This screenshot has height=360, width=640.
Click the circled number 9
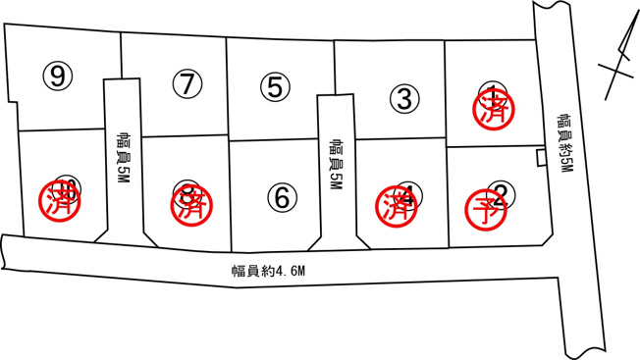[60, 75]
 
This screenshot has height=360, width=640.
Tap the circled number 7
[186, 83]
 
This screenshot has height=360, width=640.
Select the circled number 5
[276, 86]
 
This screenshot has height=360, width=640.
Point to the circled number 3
[403, 98]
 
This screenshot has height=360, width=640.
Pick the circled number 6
[282, 197]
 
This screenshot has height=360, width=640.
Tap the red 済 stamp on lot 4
[398, 204]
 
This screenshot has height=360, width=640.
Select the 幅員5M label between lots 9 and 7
[123, 155]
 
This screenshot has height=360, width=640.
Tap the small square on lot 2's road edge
[540, 159]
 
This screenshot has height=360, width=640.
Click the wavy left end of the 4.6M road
[6, 252]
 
